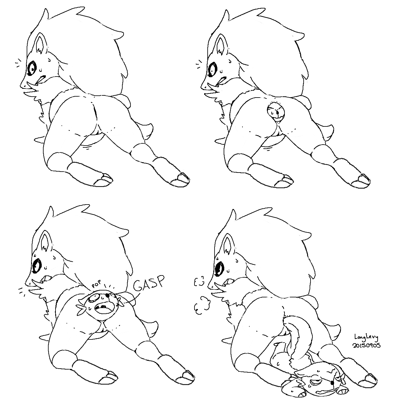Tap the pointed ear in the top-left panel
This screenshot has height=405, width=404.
[x=41, y=45]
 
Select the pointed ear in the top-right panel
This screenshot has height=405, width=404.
[x=222, y=44]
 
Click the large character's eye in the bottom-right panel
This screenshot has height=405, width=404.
[x=219, y=269]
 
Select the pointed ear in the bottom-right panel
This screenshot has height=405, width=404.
[x=227, y=244]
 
